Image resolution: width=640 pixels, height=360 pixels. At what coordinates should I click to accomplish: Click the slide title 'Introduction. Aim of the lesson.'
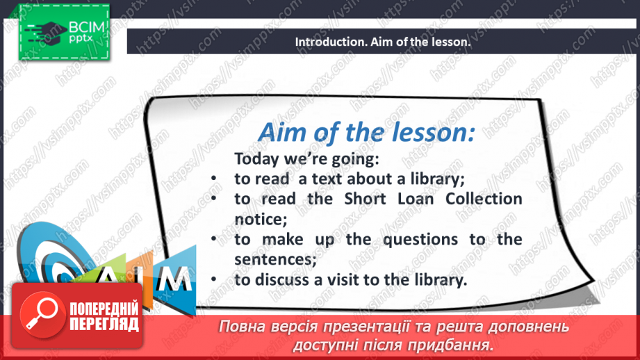point(382,42)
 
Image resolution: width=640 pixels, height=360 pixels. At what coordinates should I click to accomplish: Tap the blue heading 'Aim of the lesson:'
point(366,133)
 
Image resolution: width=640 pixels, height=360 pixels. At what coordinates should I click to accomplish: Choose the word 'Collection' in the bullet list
point(484,199)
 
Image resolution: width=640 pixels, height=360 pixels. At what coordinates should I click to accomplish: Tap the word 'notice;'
point(261,219)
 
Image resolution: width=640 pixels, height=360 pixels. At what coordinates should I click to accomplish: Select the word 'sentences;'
point(275,259)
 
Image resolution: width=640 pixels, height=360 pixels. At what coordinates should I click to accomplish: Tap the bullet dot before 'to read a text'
point(213,179)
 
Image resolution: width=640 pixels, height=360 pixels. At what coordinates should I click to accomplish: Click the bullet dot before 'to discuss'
point(213,279)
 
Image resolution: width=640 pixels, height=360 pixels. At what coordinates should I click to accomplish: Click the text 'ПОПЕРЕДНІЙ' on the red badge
point(104,309)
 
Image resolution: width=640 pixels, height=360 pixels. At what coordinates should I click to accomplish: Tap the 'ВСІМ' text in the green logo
point(87,27)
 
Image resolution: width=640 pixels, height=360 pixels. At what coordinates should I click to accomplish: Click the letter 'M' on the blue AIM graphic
point(174,279)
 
